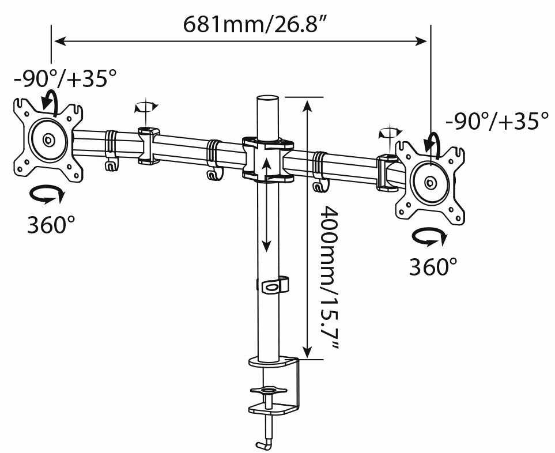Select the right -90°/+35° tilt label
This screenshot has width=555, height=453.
click(x=496, y=122)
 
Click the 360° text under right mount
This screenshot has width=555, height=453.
click(x=433, y=266)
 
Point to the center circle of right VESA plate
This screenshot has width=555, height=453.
click(x=430, y=183)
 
